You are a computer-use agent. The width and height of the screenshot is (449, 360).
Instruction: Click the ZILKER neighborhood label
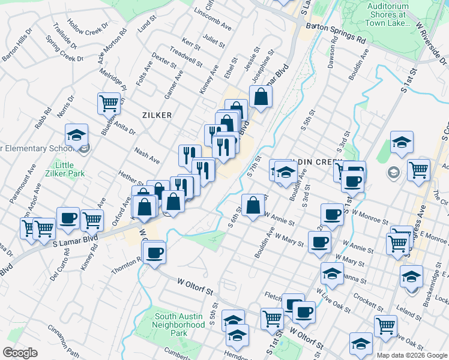157,115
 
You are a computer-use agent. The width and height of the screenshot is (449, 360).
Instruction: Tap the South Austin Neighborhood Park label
179,325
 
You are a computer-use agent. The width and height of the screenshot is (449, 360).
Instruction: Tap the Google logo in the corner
20,353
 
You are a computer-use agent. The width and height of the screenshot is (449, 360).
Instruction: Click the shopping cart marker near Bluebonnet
109,103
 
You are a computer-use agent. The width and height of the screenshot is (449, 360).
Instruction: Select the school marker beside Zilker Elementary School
76,135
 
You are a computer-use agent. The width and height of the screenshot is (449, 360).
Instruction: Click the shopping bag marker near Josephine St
261,96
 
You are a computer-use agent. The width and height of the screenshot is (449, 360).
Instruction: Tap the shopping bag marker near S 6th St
253,205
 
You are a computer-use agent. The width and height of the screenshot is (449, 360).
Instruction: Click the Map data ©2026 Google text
411,355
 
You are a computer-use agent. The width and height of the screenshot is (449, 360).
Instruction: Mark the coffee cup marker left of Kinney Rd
68,218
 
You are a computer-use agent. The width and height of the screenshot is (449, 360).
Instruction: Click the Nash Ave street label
147,156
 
